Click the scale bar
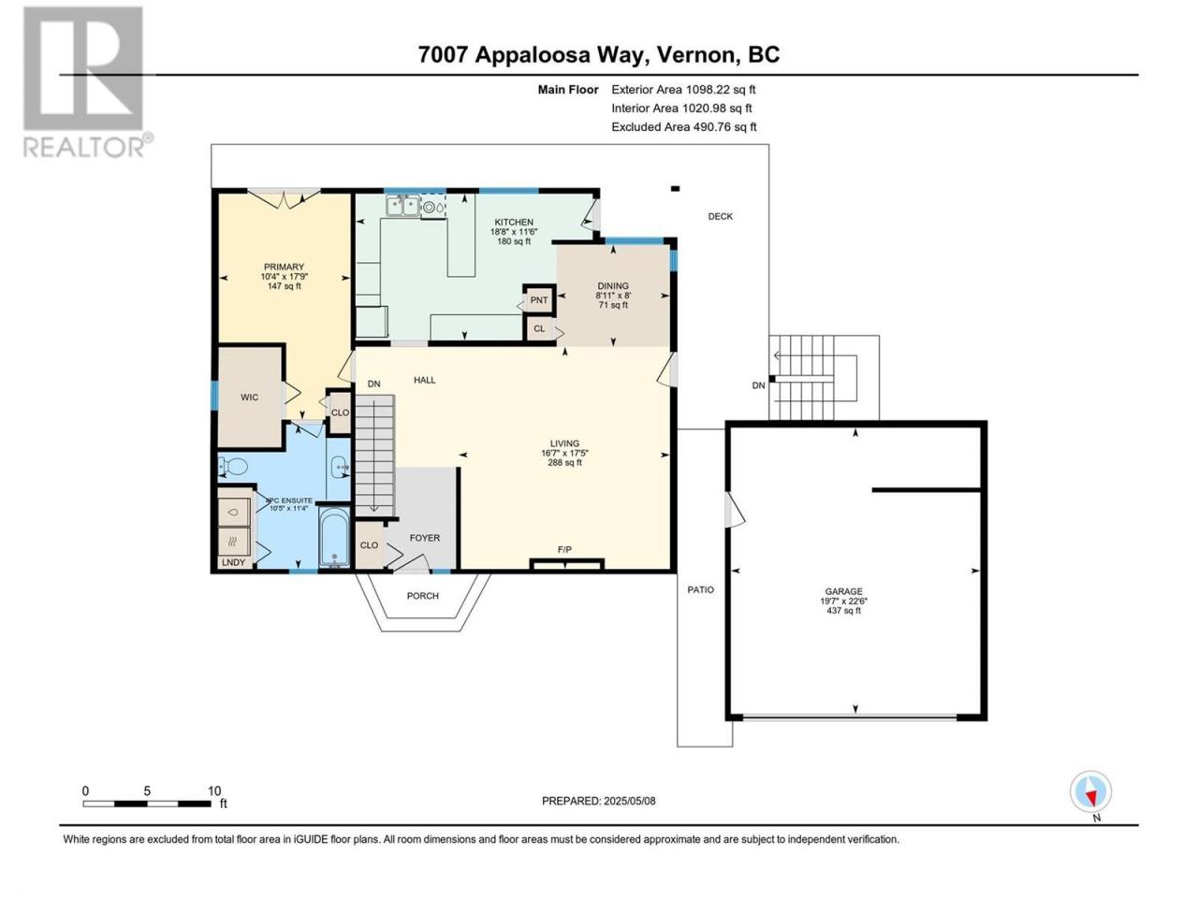tap(146, 804)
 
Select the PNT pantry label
tap(539, 300)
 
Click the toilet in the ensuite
tap(233, 467)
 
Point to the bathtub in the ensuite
tap(333, 537)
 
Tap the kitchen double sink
tap(402, 206)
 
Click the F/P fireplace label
tap(564, 550)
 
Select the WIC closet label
tap(249, 398)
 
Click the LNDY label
tap(233, 562)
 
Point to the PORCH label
tap(422, 596)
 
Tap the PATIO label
tap(700, 589)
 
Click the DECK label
tap(720, 216)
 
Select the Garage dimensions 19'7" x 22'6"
tap(843, 601)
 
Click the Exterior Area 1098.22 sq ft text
tap(683, 90)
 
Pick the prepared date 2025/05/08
tap(629, 801)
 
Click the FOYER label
tap(425, 538)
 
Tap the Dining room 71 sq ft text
tap(613, 305)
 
